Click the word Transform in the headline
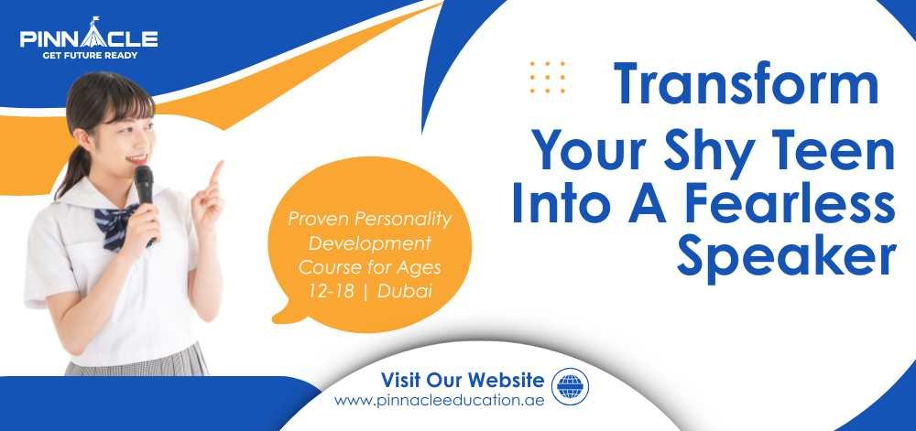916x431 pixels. pyautogui.click(x=746, y=84)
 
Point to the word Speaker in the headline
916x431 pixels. pyautogui.click(x=786, y=257)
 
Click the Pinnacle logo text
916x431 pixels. pyautogui.click(x=89, y=37)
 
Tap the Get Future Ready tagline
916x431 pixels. pyautogui.click(x=90, y=56)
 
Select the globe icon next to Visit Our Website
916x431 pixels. pyautogui.click(x=570, y=387)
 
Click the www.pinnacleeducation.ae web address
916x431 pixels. pyautogui.click(x=440, y=401)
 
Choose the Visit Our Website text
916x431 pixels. pyautogui.click(x=463, y=381)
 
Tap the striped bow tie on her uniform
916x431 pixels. pyautogui.click(x=120, y=223)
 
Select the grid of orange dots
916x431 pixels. pyautogui.click(x=548, y=77)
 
